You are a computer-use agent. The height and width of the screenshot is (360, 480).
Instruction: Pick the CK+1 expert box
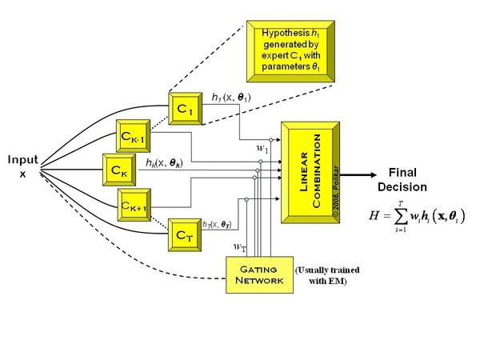tap(134, 204)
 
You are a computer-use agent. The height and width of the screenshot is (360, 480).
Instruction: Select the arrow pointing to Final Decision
tap(363, 170)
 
